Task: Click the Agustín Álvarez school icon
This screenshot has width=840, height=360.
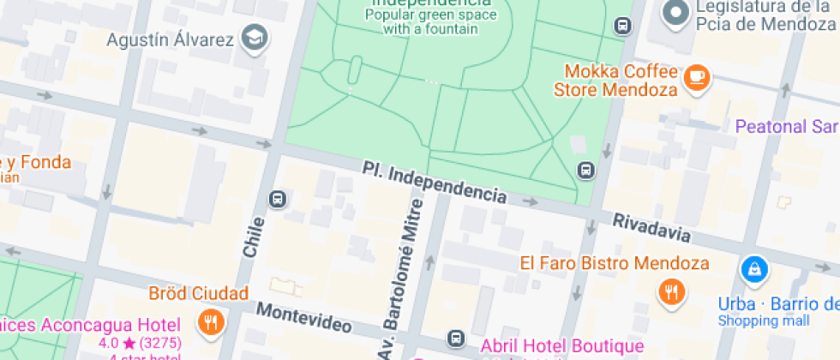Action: coord(255,38)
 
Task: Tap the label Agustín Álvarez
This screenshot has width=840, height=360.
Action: coord(171,39)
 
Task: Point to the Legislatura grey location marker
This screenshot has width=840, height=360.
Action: coord(678,13)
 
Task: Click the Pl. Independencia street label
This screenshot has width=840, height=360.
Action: coord(434,183)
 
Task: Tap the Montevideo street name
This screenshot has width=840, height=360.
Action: coord(304,317)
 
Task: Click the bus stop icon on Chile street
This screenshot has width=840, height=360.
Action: coord(278,199)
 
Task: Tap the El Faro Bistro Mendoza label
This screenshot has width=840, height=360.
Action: coord(615,263)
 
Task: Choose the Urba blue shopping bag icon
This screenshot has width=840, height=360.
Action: coord(755,271)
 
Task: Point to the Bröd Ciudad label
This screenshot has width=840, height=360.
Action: coord(199,293)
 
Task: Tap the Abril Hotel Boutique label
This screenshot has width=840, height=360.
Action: coord(561,345)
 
